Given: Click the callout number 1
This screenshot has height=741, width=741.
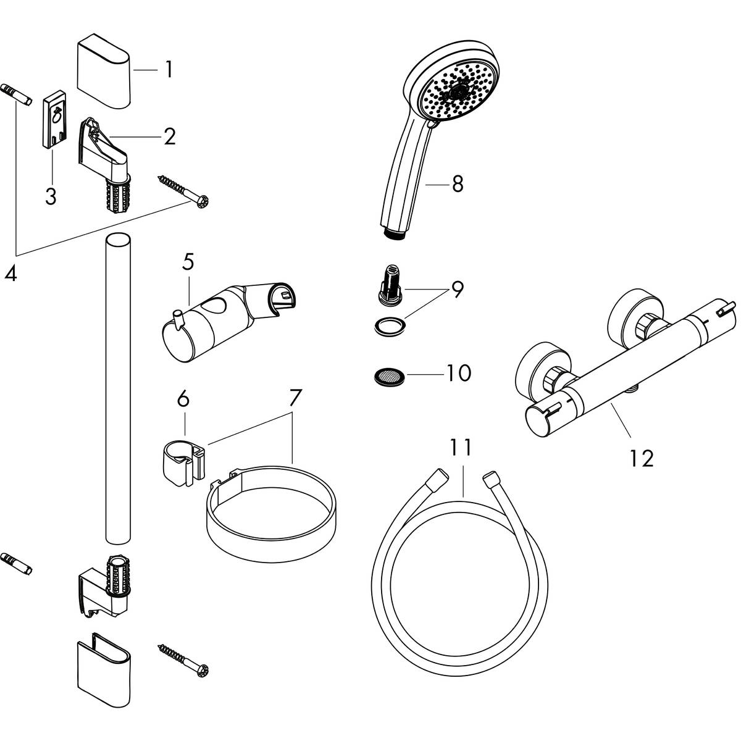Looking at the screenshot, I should tap(168, 70).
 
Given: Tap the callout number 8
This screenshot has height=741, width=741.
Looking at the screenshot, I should tap(457, 183).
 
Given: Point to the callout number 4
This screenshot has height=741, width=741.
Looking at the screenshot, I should tap(10, 272).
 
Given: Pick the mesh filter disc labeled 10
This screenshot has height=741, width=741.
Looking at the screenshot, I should tap(387, 375).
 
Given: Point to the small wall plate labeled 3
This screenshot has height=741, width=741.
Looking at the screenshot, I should tap(54, 120).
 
